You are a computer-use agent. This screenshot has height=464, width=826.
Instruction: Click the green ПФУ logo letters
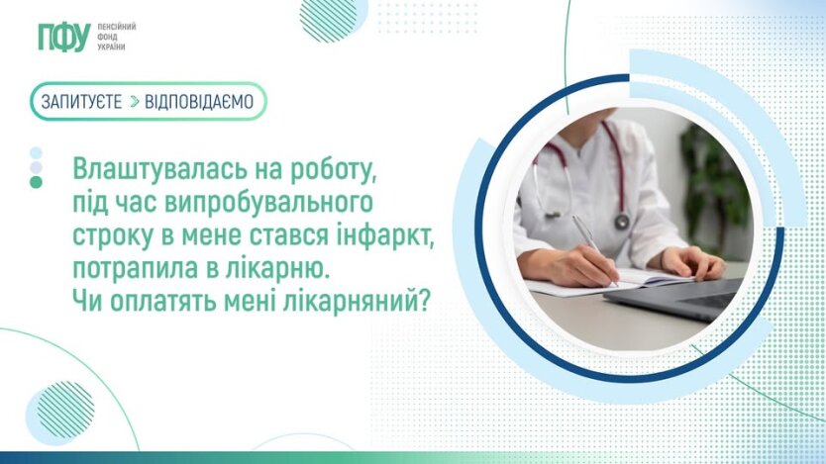click(64, 37)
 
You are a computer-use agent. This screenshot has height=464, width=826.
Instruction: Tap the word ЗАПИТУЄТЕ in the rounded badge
click(81, 102)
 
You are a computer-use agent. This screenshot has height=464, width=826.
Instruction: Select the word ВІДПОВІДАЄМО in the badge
click(199, 102)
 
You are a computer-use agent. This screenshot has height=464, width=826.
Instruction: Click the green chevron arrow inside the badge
click(135, 102)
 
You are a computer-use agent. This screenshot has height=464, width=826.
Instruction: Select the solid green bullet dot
click(36, 182)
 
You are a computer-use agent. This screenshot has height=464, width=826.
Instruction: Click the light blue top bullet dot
click(36, 153)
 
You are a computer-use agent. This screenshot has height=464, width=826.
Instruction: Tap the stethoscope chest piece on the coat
click(622, 221)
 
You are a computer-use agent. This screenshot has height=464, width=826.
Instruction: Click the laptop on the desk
click(679, 296)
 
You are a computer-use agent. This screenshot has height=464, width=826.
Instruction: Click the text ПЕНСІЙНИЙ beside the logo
click(117, 27)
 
